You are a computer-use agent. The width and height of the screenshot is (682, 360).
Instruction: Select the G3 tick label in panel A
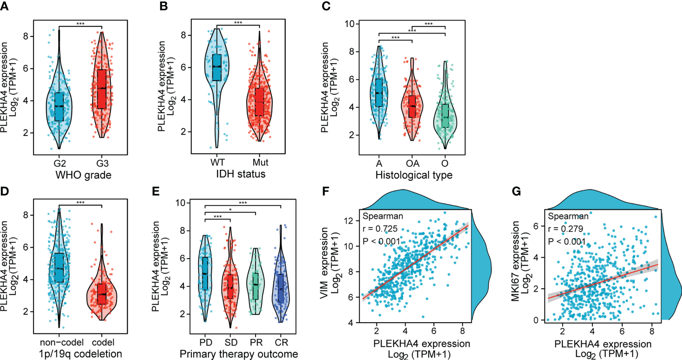[102, 163]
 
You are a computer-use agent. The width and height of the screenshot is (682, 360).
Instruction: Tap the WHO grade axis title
[83, 175]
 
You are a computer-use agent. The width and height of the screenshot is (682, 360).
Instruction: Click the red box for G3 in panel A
[101, 89]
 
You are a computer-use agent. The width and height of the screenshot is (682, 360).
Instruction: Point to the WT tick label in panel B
[217, 163]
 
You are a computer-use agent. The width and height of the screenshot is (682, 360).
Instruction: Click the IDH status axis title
[241, 174]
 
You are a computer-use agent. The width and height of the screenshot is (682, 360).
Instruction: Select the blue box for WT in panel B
[217, 67]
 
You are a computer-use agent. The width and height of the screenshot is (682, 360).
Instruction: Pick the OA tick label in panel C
[412, 163]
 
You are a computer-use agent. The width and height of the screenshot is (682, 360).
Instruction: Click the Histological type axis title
[414, 175]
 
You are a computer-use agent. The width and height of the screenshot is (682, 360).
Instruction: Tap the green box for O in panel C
[445, 115]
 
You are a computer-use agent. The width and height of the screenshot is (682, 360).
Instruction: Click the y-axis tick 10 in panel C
[349, 24]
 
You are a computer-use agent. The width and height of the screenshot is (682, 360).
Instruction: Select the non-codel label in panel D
[61, 343]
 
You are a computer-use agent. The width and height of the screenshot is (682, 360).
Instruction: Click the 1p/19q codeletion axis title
[80, 354]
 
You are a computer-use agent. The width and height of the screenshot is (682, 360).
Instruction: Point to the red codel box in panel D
[102, 293]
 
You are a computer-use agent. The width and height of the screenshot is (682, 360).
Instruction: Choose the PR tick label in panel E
[256, 343]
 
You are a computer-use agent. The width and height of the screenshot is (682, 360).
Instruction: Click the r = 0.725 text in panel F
[380, 229]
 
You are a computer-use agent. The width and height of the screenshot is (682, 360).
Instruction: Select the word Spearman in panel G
[568, 217]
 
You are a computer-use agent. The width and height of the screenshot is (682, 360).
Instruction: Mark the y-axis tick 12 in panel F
[348, 221]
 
